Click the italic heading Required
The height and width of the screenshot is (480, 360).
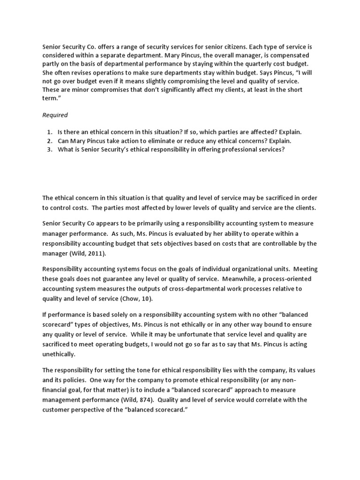(x=55, y=115)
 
